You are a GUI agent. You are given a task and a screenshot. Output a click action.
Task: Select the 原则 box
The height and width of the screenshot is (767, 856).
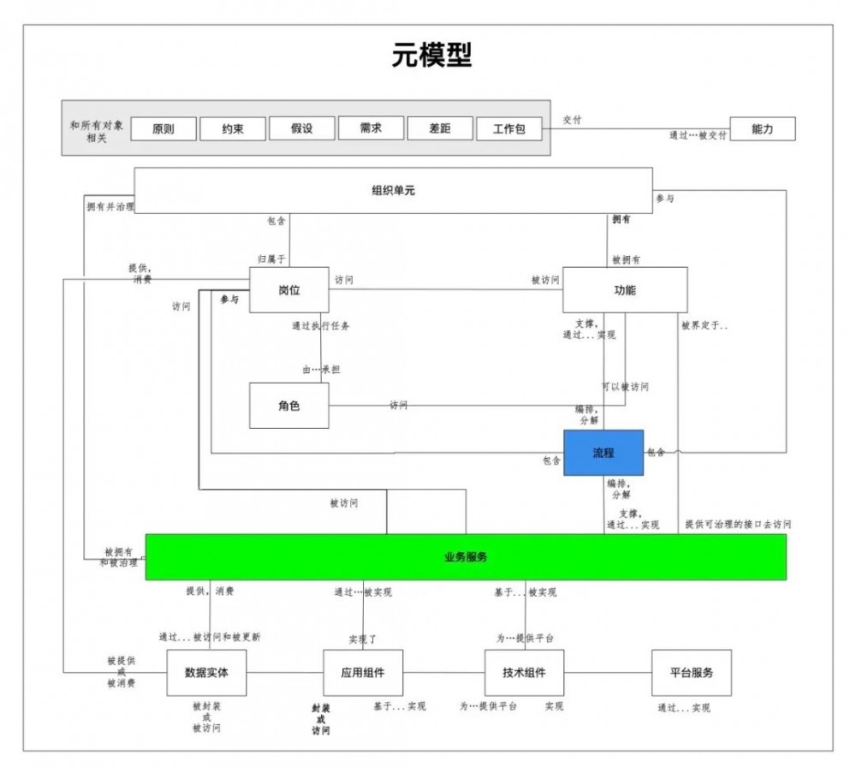(x=163, y=129)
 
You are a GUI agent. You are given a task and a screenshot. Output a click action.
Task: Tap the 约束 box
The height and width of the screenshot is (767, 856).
(x=233, y=129)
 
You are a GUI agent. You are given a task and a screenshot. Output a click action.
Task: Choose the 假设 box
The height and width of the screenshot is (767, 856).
(x=301, y=129)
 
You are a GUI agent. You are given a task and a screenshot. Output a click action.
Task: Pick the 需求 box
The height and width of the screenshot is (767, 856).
(x=371, y=128)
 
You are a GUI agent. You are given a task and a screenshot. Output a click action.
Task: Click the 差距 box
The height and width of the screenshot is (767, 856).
(x=440, y=128)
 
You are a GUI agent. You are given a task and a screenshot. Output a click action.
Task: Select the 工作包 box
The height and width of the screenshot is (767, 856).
(x=509, y=129)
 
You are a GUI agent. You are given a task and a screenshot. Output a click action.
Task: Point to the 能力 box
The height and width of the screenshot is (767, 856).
(x=762, y=128)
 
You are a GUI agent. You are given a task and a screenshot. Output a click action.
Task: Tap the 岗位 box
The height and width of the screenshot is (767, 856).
(x=289, y=290)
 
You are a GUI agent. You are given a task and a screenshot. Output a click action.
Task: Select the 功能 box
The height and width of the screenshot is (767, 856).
(x=625, y=290)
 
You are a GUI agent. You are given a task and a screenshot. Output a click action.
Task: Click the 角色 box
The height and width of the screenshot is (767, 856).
(x=289, y=406)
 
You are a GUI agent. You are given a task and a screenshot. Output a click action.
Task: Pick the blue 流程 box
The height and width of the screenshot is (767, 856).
(x=603, y=453)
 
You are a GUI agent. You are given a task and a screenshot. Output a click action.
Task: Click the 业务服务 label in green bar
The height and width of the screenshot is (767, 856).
(x=466, y=557)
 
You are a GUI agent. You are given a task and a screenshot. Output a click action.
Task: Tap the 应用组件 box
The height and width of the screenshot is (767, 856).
(x=363, y=673)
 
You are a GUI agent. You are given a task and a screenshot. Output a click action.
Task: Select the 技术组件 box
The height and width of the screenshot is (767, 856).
(x=525, y=673)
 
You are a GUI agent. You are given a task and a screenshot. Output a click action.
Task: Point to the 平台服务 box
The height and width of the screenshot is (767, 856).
(x=691, y=673)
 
